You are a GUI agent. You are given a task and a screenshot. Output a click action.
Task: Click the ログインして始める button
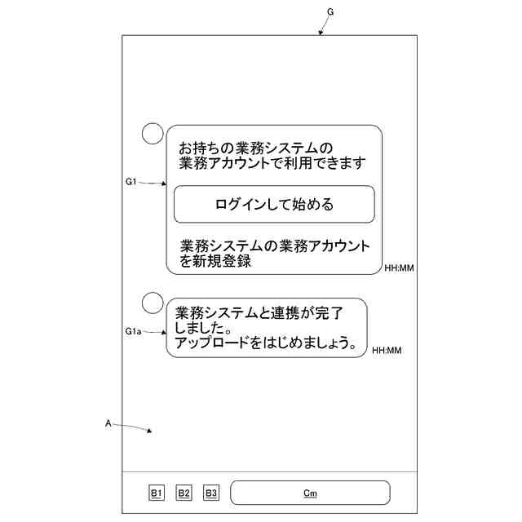(x=274, y=204)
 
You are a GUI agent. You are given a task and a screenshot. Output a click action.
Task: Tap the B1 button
(x=157, y=493)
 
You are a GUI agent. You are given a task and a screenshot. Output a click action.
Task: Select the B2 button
(x=184, y=493)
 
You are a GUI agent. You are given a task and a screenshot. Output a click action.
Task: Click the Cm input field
(x=310, y=493)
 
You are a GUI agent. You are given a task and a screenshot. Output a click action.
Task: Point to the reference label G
(x=330, y=11)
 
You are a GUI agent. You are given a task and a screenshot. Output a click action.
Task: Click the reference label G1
(x=131, y=182)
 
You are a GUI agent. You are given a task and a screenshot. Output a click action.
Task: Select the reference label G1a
(x=134, y=332)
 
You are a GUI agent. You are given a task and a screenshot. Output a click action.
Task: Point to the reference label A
(x=108, y=423)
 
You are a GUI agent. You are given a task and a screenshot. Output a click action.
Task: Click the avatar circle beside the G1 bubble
(x=153, y=134)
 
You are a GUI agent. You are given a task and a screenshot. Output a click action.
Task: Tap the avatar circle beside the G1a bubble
(x=153, y=303)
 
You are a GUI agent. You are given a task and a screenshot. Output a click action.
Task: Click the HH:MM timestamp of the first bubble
(x=399, y=268)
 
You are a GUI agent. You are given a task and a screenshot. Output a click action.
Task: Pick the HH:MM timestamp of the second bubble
(x=387, y=351)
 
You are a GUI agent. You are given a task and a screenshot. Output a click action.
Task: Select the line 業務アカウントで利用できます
(x=272, y=163)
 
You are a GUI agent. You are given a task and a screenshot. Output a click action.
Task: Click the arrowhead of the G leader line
(x=320, y=33)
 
